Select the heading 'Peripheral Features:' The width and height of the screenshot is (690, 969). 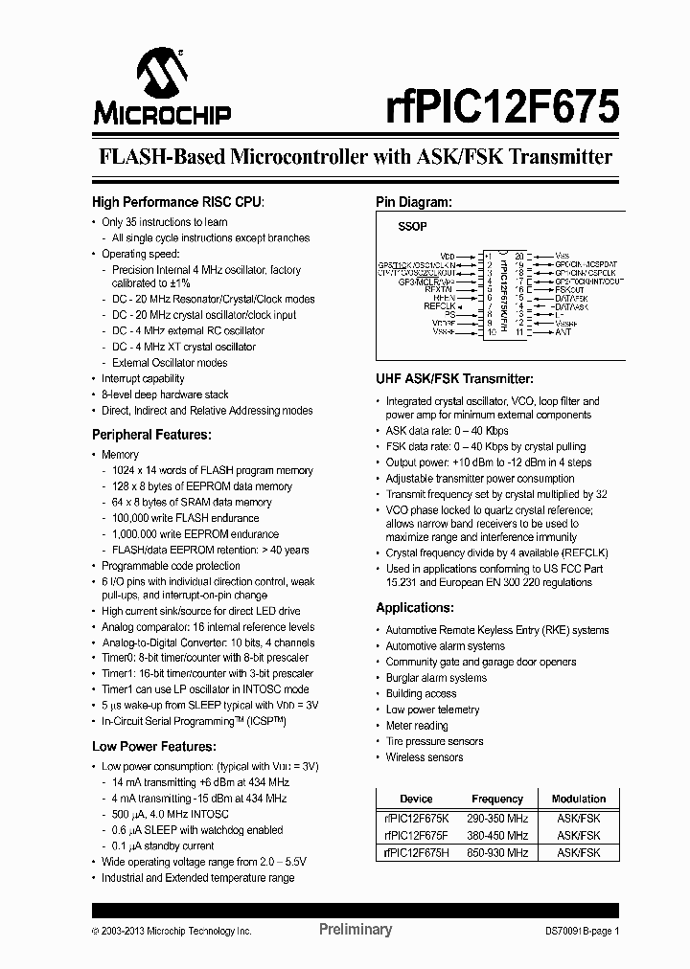[150, 435]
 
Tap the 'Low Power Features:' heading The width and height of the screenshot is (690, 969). [153, 746]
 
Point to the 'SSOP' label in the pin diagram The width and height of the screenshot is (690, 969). [412, 227]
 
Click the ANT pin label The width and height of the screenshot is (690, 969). [563, 332]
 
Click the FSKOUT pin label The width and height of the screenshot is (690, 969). [569, 288]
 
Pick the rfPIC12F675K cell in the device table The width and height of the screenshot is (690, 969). [416, 819]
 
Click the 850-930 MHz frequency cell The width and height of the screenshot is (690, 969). [496, 852]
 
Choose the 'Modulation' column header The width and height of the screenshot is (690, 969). [578, 799]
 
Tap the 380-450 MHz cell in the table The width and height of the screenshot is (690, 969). [496, 835]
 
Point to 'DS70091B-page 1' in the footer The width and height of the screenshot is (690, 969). [583, 930]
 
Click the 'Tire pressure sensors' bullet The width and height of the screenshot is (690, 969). [434, 741]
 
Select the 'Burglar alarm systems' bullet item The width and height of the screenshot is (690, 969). [436, 678]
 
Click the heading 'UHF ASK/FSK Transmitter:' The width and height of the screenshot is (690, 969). [454, 379]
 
